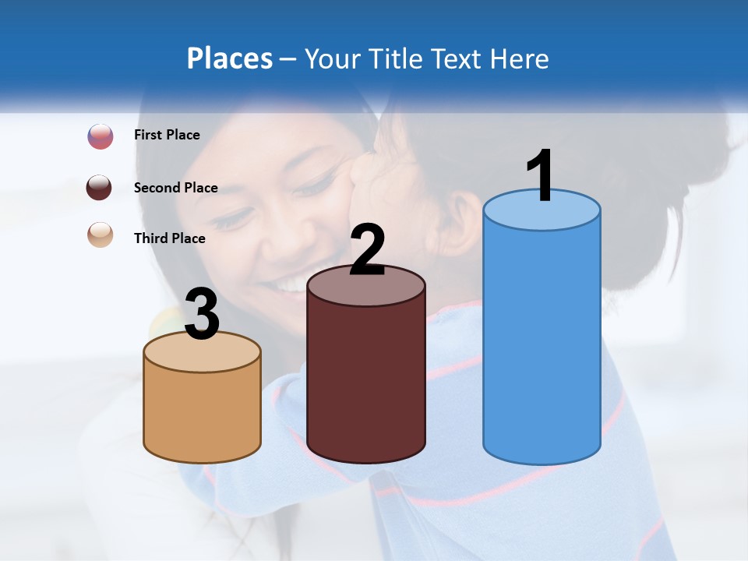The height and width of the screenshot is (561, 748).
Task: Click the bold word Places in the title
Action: coord(230,58)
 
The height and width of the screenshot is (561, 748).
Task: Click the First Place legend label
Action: coord(167,135)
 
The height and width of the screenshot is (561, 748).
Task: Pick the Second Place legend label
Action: coord(175,187)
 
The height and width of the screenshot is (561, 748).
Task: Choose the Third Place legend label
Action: coord(169,238)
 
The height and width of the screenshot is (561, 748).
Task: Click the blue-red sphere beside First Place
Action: coord(101,136)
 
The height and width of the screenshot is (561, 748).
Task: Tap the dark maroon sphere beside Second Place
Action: coord(99,188)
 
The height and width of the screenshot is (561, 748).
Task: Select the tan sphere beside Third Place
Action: coord(101,235)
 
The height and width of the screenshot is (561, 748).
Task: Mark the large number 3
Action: coord(202,315)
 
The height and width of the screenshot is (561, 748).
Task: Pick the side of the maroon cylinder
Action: coord(366,382)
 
